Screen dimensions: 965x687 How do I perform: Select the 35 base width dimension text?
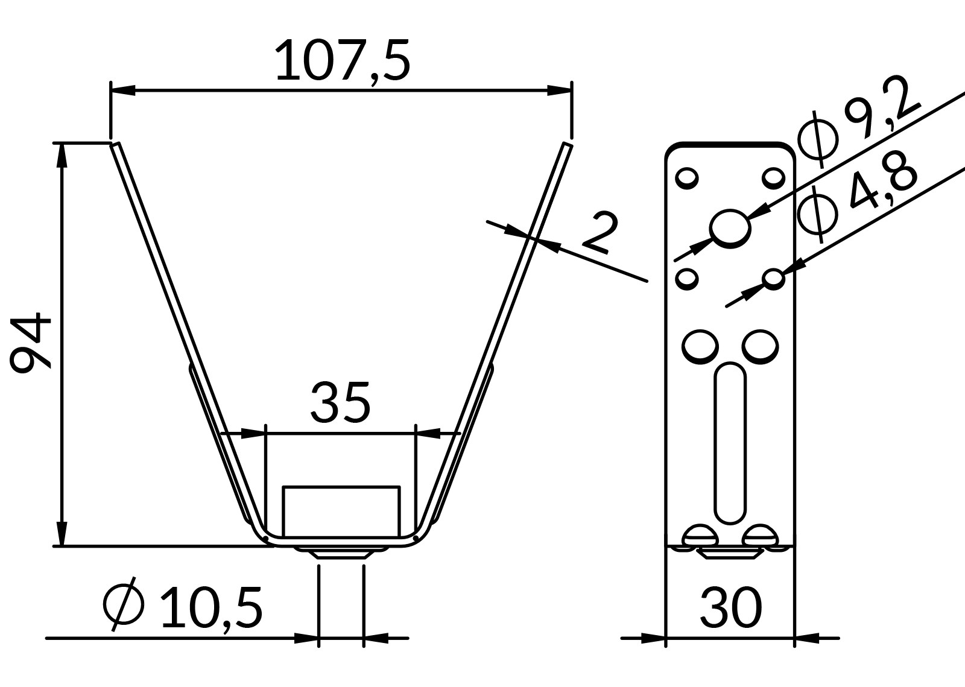click(x=340, y=402)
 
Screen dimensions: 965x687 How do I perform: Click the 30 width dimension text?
click(x=730, y=608)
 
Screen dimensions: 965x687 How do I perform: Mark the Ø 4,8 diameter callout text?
click(x=857, y=197)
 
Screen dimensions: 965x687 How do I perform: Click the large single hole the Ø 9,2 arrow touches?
click(x=730, y=229)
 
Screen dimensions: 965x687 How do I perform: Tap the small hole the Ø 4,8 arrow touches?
click(x=773, y=279)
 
